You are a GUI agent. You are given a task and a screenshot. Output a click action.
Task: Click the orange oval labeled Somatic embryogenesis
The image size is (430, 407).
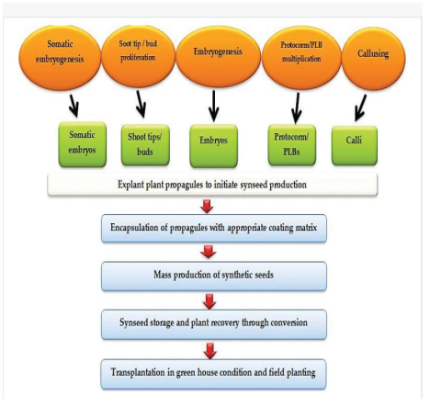60,57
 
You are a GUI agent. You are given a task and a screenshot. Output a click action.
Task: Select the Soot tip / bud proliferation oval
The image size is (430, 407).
139,55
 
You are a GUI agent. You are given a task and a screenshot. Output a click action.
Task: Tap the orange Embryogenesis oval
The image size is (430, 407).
218,56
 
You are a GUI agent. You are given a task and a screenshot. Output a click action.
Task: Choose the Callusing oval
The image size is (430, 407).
373,58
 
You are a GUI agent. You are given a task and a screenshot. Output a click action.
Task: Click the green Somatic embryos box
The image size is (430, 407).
83,144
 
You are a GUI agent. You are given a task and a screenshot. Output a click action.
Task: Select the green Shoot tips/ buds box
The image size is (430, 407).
145,145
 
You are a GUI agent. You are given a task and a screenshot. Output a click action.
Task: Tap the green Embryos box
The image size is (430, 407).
214,146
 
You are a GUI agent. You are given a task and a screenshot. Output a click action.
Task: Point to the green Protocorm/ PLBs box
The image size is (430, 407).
291,145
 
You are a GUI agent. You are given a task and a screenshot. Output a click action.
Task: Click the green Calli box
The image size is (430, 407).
355,145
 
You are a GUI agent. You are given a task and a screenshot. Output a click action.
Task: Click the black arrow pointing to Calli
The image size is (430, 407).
360,107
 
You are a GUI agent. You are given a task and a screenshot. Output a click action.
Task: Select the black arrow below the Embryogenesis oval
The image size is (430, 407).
213,106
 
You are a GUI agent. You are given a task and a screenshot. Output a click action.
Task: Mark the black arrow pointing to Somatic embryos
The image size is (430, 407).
74,106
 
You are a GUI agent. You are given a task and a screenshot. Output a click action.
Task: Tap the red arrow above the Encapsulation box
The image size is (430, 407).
207,207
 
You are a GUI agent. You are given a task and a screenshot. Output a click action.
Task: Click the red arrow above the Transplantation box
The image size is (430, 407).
210,351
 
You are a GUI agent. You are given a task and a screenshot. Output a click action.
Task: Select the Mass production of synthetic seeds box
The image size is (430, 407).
214,277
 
